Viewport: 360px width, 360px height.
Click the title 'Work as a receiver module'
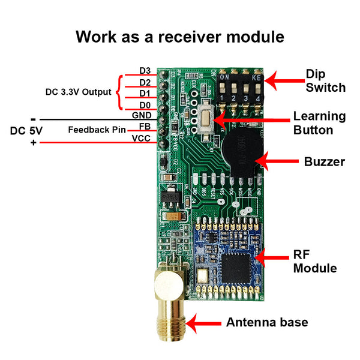(x=180, y=37)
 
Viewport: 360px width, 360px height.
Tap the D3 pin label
(x=145, y=71)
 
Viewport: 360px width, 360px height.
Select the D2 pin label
(x=145, y=82)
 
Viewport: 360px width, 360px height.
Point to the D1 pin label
(x=145, y=94)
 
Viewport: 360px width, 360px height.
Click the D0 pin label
(x=145, y=105)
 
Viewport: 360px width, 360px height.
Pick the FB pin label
(x=145, y=127)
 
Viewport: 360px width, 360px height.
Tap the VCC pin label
(x=141, y=138)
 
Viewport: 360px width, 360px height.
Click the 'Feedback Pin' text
(x=92, y=129)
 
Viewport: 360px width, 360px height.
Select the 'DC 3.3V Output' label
(x=79, y=92)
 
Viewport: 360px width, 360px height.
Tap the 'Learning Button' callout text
(x=319, y=122)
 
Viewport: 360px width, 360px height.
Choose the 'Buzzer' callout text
(x=324, y=162)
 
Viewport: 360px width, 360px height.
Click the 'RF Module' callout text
(x=314, y=261)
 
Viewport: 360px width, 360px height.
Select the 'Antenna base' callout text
(x=266, y=323)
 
